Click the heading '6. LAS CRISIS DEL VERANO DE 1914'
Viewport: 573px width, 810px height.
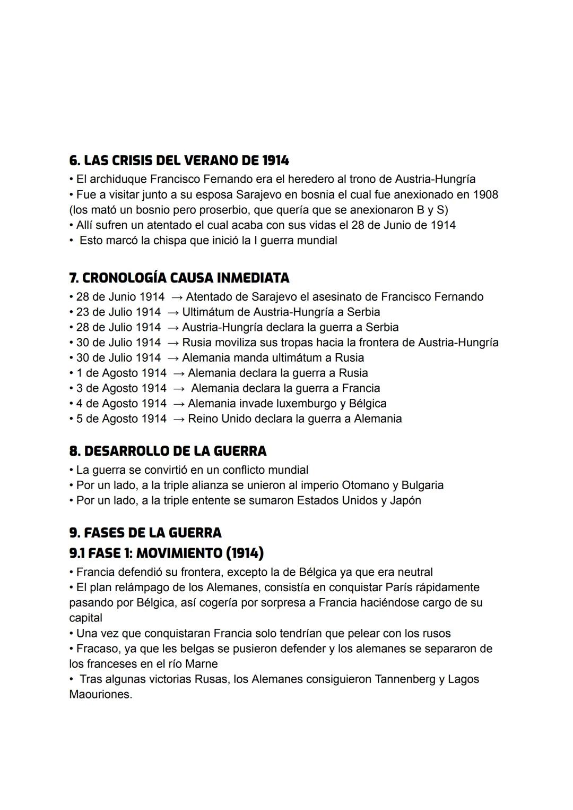[x=179, y=160]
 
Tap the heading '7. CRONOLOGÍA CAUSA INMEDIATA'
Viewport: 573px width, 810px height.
[x=179, y=277]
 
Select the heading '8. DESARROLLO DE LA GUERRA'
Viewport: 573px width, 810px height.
[x=168, y=451]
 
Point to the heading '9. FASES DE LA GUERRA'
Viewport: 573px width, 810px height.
[x=145, y=532]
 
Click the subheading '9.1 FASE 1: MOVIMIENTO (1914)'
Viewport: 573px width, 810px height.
[x=166, y=553]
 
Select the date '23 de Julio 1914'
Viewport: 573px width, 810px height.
[x=118, y=312]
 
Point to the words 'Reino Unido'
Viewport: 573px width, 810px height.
[x=220, y=419]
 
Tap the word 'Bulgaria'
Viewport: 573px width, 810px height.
[x=422, y=485]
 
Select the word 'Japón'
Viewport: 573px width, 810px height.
[x=405, y=500]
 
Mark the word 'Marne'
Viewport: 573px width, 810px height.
[x=200, y=664]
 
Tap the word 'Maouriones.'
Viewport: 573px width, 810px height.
[x=101, y=694]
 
